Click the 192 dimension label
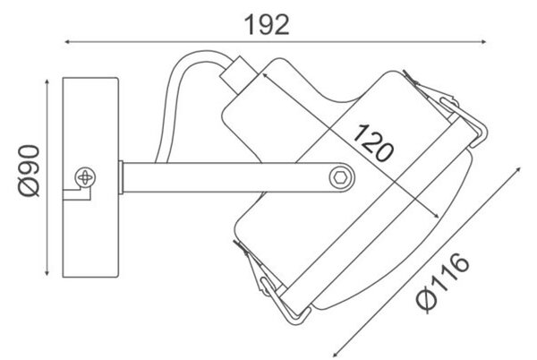click(x=267, y=25)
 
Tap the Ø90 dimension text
click(x=30, y=171)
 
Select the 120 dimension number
click(x=373, y=143)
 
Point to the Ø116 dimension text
click(x=443, y=282)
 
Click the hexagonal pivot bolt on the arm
click(x=341, y=177)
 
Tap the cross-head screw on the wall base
click(x=85, y=177)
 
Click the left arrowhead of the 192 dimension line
click(x=67, y=42)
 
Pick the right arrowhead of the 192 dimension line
click(x=483, y=42)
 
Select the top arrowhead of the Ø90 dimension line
click(x=47, y=82)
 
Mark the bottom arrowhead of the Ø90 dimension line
click(x=47, y=272)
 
